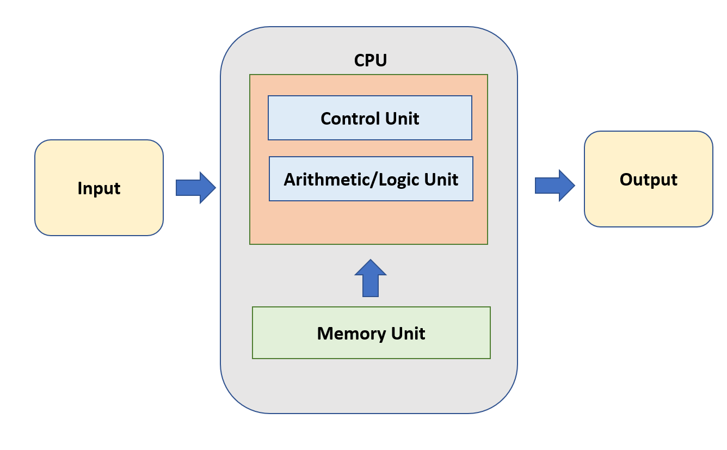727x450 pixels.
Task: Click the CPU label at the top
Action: coord(370,60)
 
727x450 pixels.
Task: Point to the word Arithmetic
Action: coord(324,180)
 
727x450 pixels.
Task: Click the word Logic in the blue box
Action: coord(393,180)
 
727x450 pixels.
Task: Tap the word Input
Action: coord(98,188)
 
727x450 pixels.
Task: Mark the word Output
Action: coord(648,180)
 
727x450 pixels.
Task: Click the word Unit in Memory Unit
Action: coord(408,333)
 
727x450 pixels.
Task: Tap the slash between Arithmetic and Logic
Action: coord(369,180)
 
